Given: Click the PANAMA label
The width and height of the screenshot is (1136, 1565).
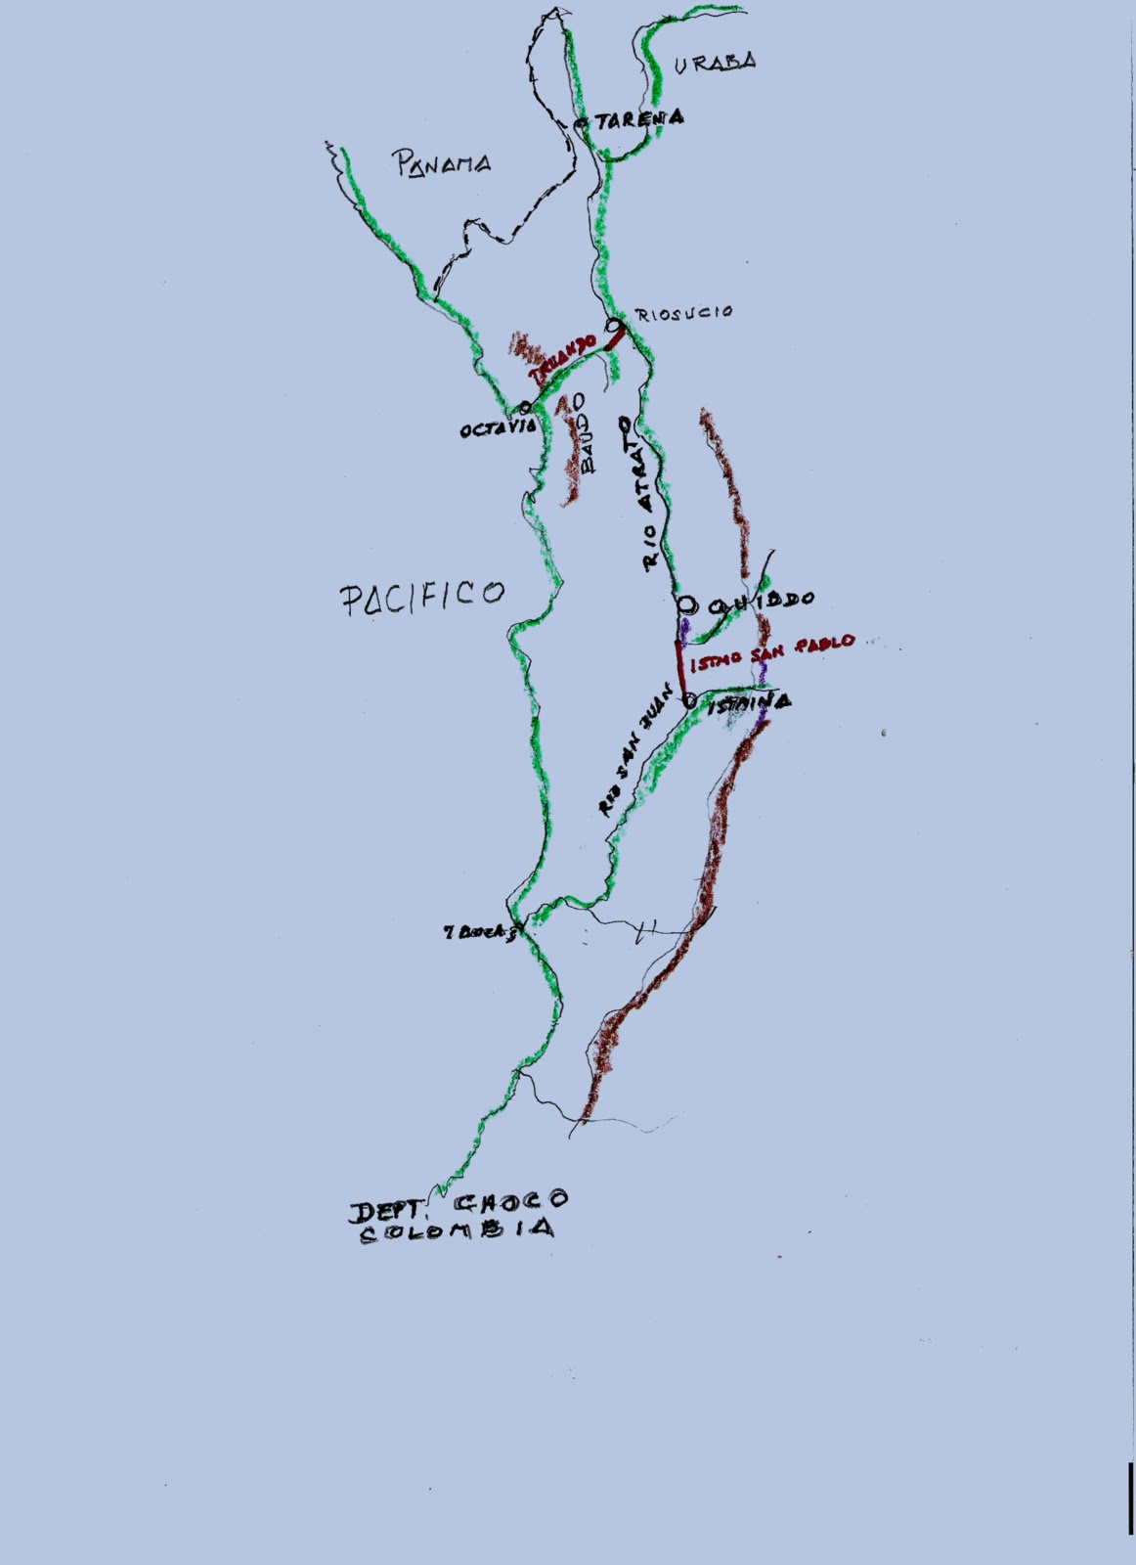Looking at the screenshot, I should (x=442, y=164).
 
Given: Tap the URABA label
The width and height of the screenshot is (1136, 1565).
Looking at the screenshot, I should (x=715, y=63).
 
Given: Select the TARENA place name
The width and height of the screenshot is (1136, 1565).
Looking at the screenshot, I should (x=639, y=119).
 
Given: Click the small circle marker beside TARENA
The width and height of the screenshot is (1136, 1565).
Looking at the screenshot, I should (x=581, y=123).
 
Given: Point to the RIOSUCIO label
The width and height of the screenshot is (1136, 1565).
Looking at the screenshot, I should (x=683, y=313).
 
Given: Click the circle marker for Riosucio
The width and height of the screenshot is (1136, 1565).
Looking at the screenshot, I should (x=615, y=325).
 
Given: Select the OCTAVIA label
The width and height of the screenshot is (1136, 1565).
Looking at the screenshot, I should (x=499, y=428).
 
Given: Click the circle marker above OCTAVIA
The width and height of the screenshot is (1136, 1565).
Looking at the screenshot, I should (x=525, y=407).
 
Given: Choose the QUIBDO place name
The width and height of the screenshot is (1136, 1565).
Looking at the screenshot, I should (x=762, y=601).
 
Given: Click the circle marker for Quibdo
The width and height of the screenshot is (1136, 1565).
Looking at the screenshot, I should (x=687, y=603).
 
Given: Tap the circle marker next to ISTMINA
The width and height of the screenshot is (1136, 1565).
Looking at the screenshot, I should (x=689, y=700).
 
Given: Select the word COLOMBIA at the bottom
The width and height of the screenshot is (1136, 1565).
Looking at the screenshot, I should (x=458, y=1230).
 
